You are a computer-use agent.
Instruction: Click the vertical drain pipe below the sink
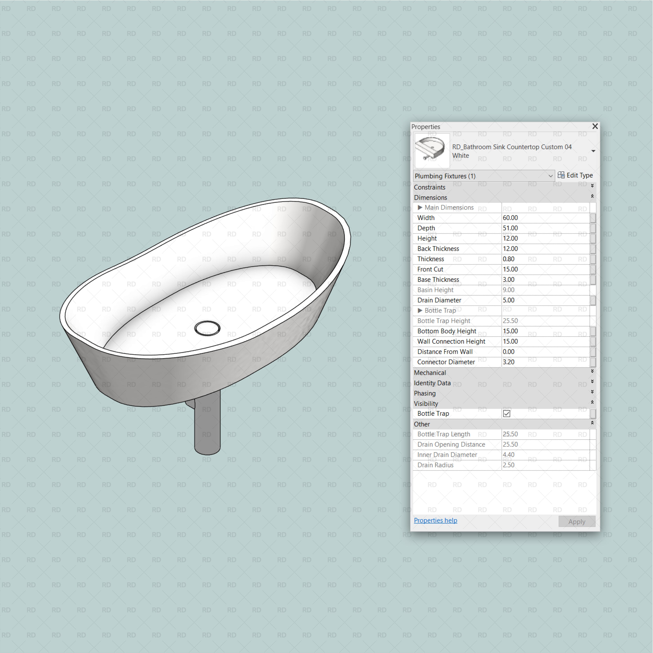pos(207,426)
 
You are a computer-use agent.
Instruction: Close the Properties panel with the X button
pos(595,126)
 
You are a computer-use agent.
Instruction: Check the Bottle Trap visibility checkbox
pos(506,413)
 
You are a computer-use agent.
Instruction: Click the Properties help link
pos(435,520)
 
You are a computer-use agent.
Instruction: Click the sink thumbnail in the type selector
pos(432,150)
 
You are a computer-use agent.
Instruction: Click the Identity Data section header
pos(432,383)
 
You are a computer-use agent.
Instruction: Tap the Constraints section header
pos(429,187)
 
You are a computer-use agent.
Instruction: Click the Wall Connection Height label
pos(451,341)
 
